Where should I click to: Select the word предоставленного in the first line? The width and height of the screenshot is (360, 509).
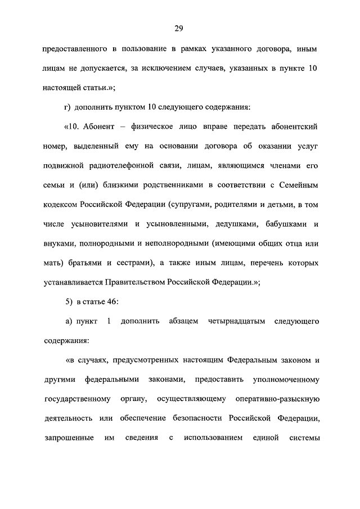pyautogui.click(x=74, y=49)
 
